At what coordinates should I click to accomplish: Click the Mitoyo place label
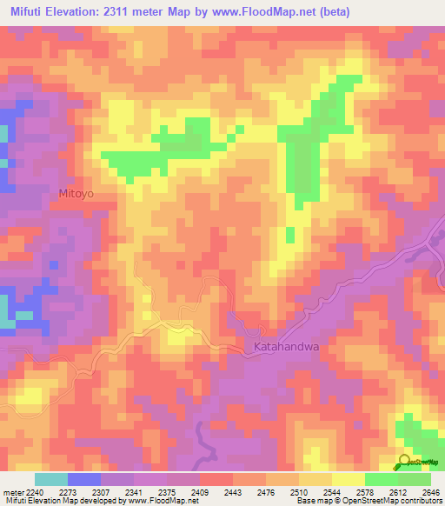75,194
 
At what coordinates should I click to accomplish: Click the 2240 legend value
23,493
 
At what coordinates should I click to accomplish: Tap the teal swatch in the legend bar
50,479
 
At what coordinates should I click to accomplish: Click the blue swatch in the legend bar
83,479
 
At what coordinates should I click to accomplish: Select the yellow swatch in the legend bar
348,479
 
